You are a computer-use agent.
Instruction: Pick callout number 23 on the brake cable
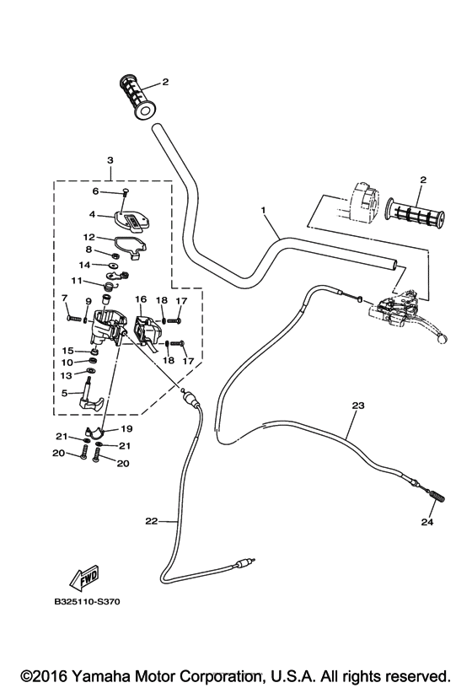(357, 406)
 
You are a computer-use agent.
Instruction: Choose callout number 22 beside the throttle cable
(152, 521)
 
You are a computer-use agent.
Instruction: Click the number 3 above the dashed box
(110, 159)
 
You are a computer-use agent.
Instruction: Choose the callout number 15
(67, 350)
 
